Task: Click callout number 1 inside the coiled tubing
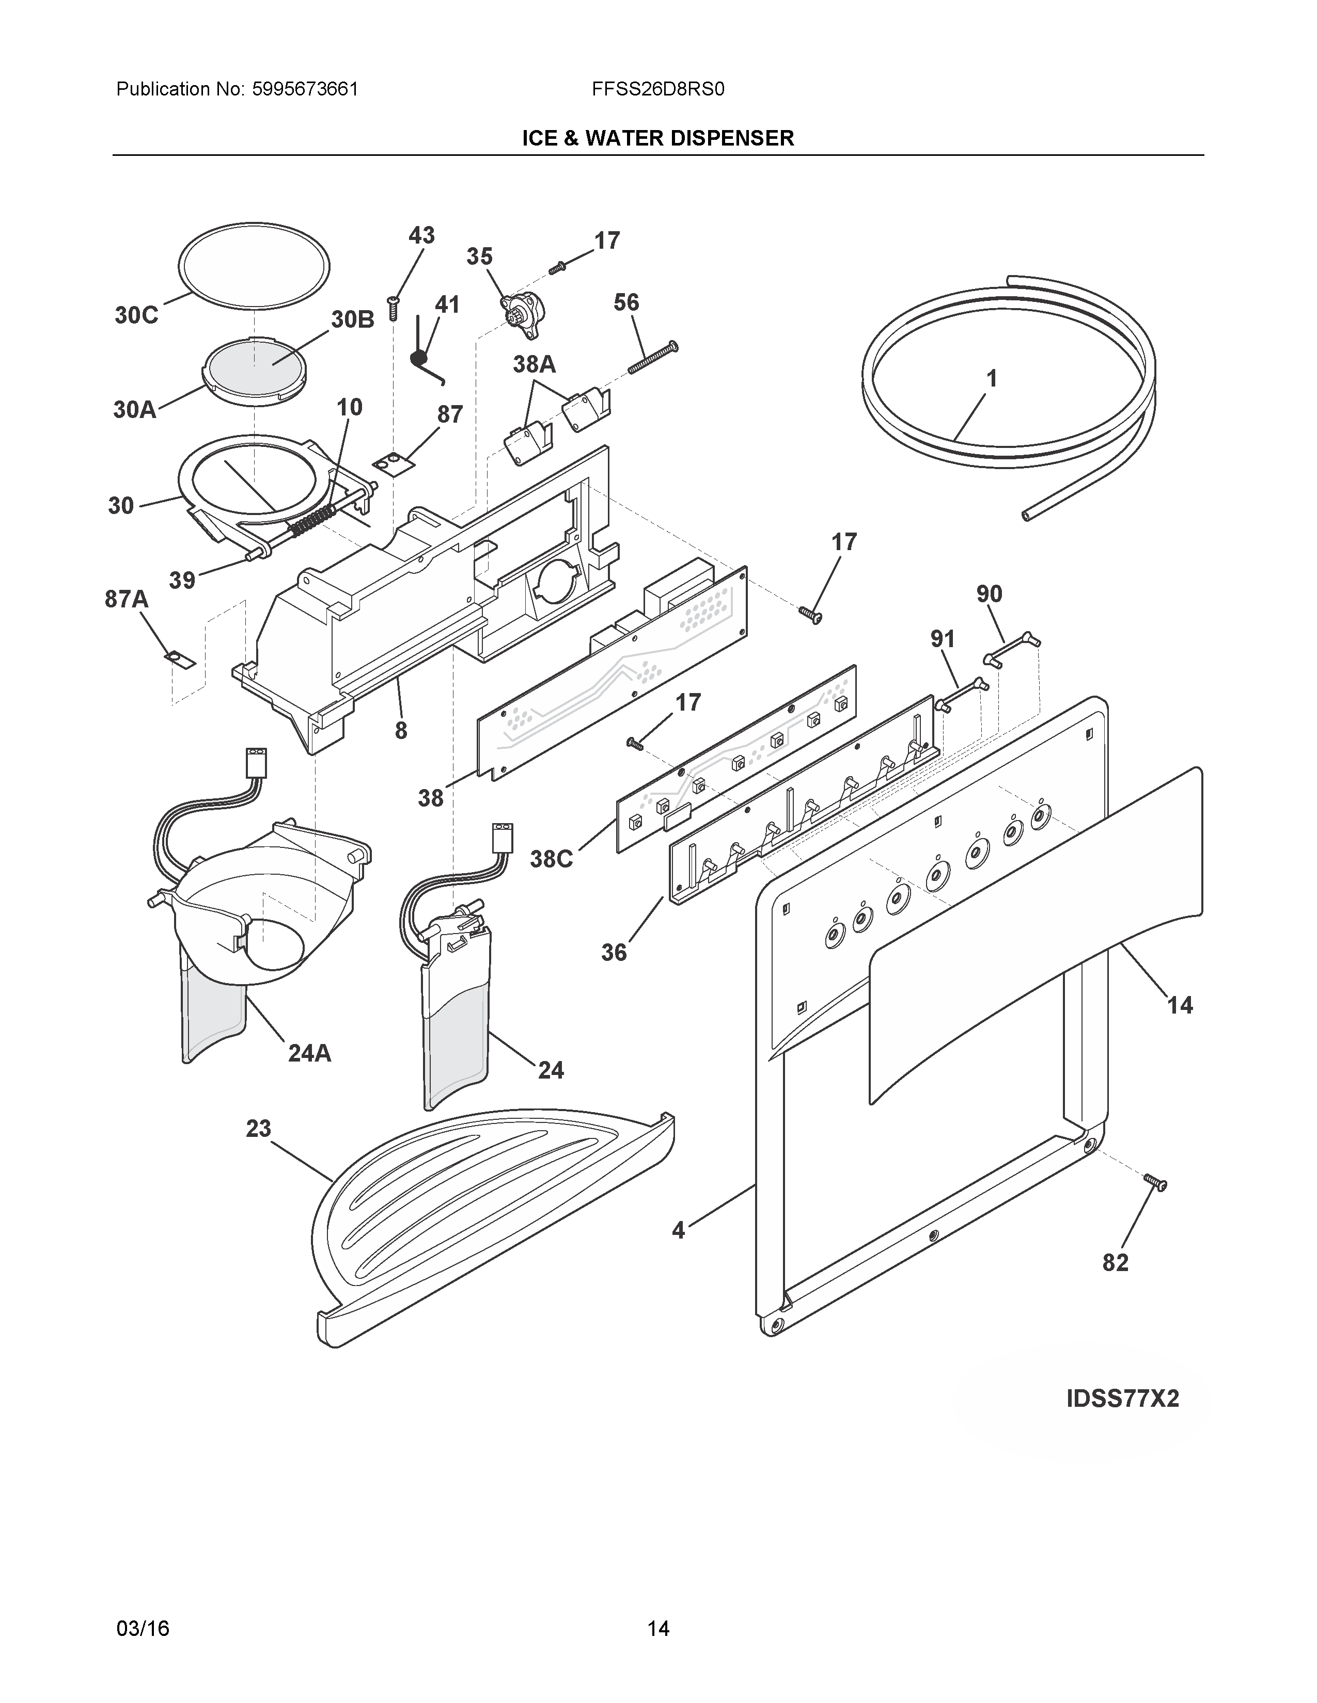tap(992, 379)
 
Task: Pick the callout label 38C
tap(552, 859)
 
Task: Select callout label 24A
tap(310, 1053)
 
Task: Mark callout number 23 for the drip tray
tap(258, 1128)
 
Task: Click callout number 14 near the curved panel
tap(1179, 1005)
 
